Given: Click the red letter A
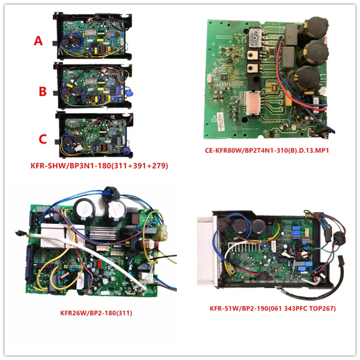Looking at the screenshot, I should tap(39, 41).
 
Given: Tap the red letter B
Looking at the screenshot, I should tap(42, 92).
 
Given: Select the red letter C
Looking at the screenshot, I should tap(42, 139).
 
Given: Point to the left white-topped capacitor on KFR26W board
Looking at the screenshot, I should tap(84, 210).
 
